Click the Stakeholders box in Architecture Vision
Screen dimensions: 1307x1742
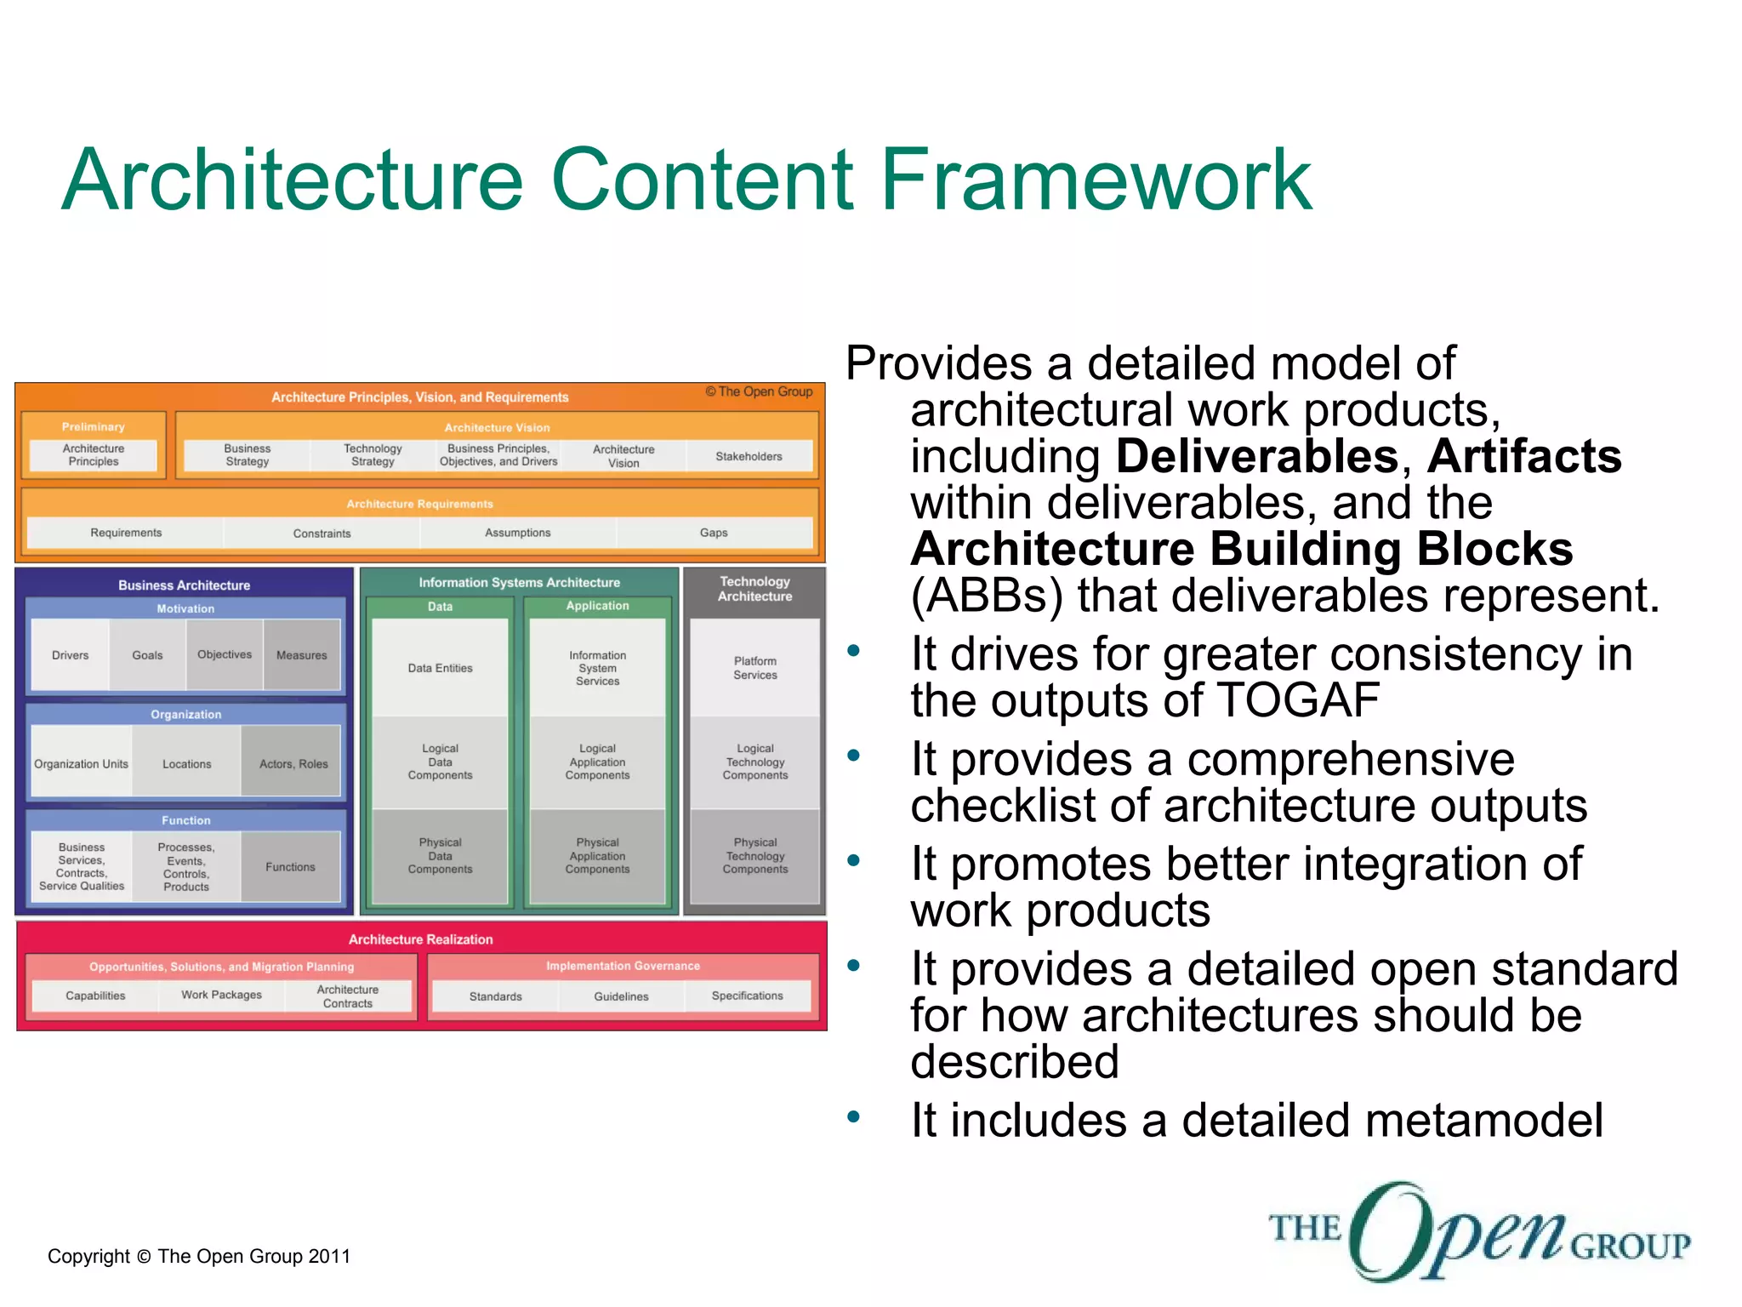pyautogui.click(x=749, y=456)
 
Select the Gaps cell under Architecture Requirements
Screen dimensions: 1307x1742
pyautogui.click(x=714, y=533)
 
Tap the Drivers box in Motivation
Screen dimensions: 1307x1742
pyautogui.click(x=70, y=655)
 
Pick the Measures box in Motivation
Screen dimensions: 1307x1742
pyautogui.click(x=302, y=655)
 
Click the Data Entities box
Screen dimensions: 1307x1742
pyautogui.click(x=440, y=668)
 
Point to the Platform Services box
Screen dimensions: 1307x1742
pyautogui.click(x=755, y=668)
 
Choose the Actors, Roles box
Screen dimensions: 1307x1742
pyautogui.click(x=293, y=764)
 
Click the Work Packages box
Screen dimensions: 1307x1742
pyautogui.click(x=221, y=995)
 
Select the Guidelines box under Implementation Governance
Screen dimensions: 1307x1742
pyautogui.click(x=621, y=996)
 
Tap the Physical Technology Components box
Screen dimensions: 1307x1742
pyautogui.click(x=755, y=856)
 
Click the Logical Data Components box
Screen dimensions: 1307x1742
pyautogui.click(x=440, y=762)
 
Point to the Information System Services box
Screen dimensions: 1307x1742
pyautogui.click(x=598, y=668)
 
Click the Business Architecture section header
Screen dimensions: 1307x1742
pyautogui.click(x=184, y=585)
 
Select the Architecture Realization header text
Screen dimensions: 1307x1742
pyautogui.click(x=421, y=939)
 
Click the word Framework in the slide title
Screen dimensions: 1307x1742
pyautogui.click(x=1097, y=180)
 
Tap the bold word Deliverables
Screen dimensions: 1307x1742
pyautogui.click(x=1257, y=457)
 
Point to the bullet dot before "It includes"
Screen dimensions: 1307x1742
pyautogui.click(x=854, y=1116)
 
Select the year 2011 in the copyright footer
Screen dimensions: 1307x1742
pyautogui.click(x=329, y=1256)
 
